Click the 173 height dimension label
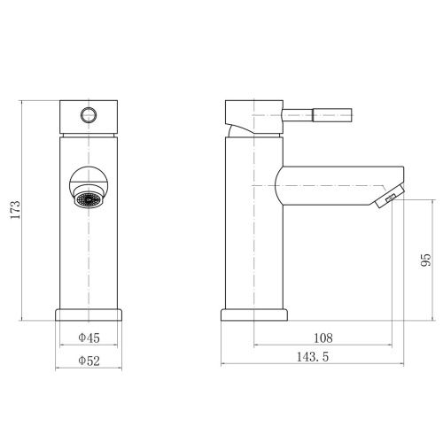pos(15,209)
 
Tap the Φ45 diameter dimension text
pos(89,338)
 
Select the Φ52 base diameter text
pos(89,361)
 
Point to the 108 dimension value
pos(323,338)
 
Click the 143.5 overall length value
pos(313,357)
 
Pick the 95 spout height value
pos(425,260)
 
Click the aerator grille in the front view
pos(89,199)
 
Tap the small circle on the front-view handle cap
pos(89,115)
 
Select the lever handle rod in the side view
pos(317,114)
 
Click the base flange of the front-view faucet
pos(89,315)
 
